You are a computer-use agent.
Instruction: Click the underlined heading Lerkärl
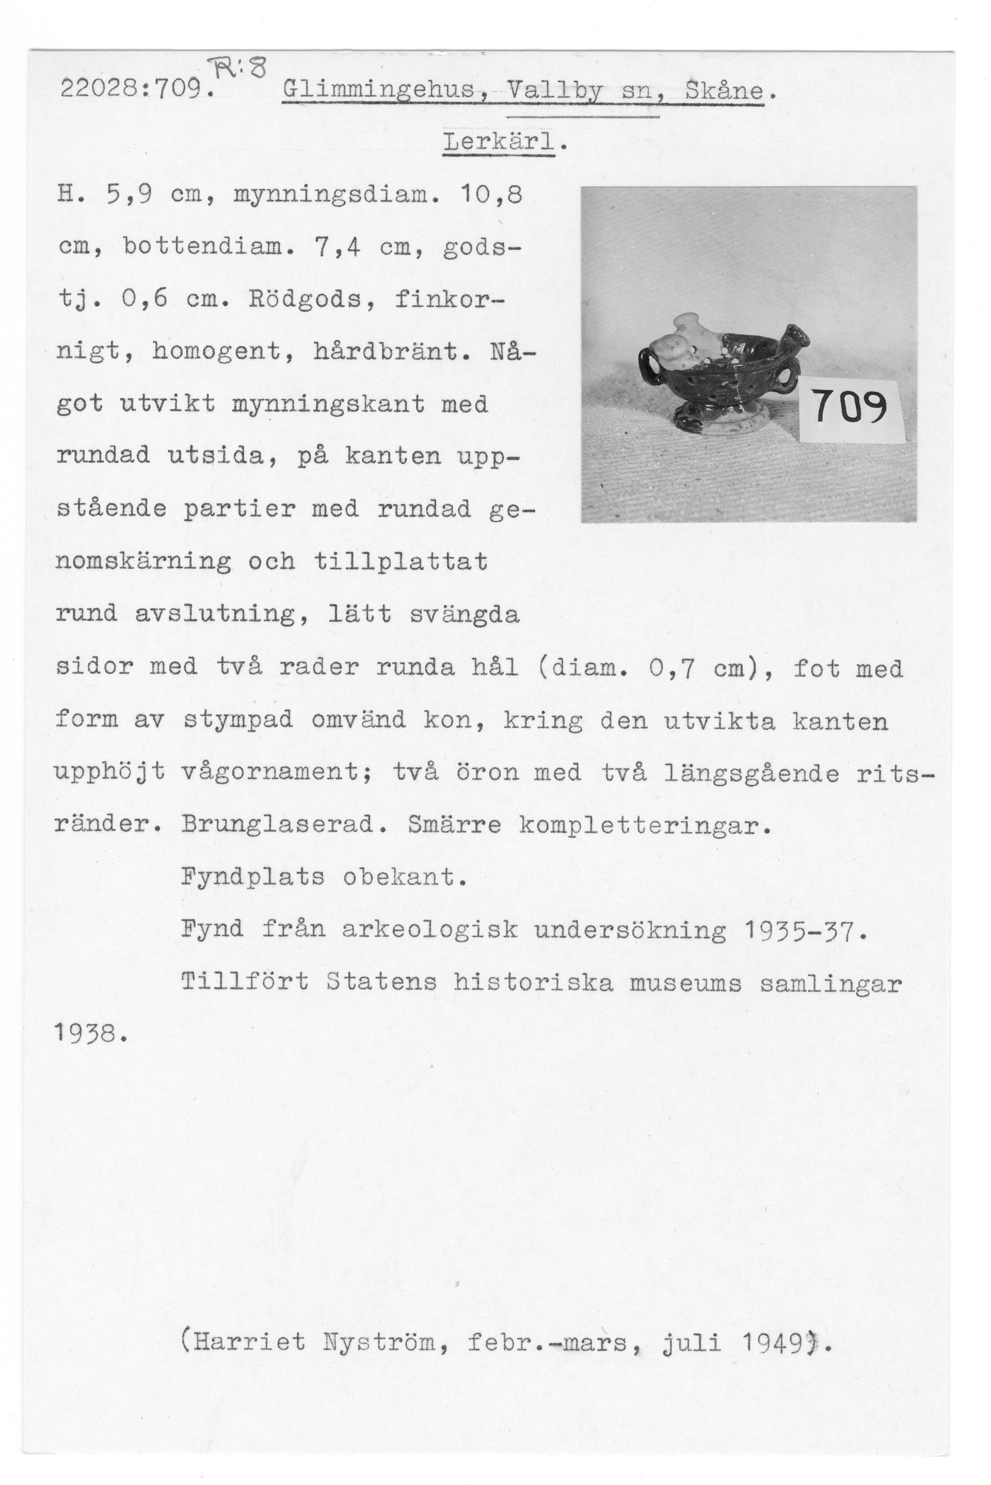[498, 143]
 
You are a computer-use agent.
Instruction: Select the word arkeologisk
[429, 929]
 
